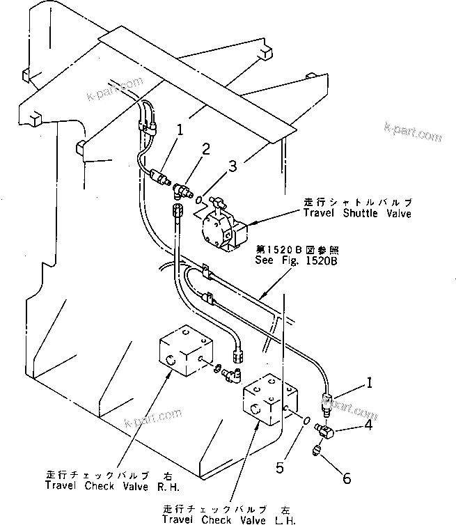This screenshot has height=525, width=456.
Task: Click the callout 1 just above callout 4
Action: (370, 382)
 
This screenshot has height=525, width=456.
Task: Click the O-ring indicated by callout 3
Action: (198, 199)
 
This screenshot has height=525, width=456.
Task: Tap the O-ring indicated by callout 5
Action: (307, 420)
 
